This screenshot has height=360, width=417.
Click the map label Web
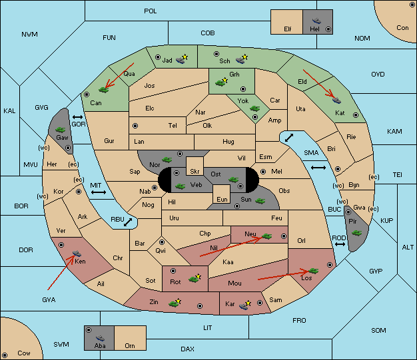(196, 184)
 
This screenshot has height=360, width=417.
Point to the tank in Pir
(357, 233)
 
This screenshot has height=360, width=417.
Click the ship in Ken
(77, 254)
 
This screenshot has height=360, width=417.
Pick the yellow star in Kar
(249, 302)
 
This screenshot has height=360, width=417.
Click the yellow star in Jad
(186, 57)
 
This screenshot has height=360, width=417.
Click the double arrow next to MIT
(99, 192)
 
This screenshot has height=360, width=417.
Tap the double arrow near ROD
(340, 246)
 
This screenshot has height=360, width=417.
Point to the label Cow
(24, 353)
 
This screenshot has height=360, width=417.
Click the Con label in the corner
(402, 28)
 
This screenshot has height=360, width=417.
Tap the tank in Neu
(267, 235)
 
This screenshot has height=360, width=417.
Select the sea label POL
(151, 11)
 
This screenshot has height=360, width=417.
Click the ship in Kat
(337, 100)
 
